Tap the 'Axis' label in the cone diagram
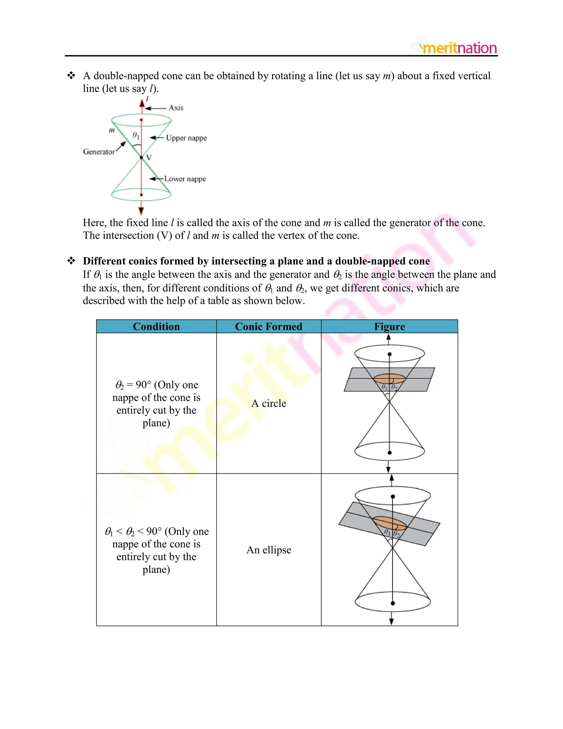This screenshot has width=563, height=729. pos(176,108)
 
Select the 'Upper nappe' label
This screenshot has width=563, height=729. pos(186,138)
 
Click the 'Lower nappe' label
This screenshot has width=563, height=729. pos(185,179)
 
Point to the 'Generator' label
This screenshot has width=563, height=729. pos(99,152)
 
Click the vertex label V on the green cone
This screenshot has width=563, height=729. pos(149,158)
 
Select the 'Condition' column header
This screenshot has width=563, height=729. pos(156,327)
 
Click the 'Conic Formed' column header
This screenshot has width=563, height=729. pos(269,327)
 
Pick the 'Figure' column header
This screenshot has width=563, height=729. pos(389,327)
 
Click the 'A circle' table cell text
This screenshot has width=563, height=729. pos(269,403)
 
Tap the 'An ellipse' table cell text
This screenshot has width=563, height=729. pos(269,550)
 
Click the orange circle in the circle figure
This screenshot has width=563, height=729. pos(389,379)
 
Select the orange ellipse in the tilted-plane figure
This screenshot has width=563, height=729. pos(389,523)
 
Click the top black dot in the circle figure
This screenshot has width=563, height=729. pos(390,354)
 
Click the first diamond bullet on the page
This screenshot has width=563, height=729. pos(71,75)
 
